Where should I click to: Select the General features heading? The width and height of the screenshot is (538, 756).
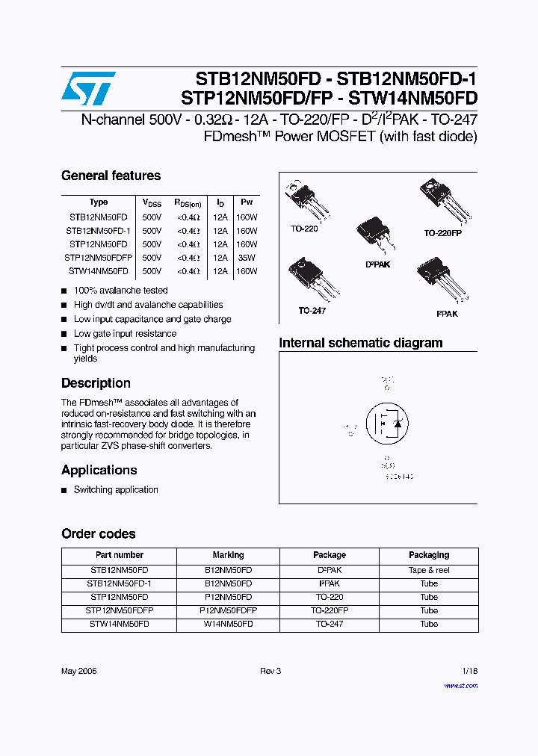(x=111, y=176)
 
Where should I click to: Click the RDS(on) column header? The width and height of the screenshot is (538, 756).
(x=188, y=202)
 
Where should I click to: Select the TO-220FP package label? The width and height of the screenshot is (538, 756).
(x=443, y=233)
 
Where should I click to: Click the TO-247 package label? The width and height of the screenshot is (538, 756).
(x=312, y=311)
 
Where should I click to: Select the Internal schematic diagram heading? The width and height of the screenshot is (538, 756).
(x=360, y=344)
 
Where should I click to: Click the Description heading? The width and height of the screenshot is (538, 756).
(x=96, y=383)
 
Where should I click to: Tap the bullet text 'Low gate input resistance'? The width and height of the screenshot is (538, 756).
(x=125, y=334)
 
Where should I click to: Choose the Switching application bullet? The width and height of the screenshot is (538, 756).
(x=116, y=490)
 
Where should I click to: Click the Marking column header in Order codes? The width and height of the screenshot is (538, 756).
(x=228, y=555)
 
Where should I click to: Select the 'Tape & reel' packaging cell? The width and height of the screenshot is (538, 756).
(x=429, y=570)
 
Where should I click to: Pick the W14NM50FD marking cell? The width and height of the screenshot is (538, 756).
(x=228, y=624)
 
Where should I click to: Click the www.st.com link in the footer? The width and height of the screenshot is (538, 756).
(x=460, y=686)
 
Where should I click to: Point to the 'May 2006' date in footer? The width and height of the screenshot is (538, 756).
(x=78, y=671)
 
